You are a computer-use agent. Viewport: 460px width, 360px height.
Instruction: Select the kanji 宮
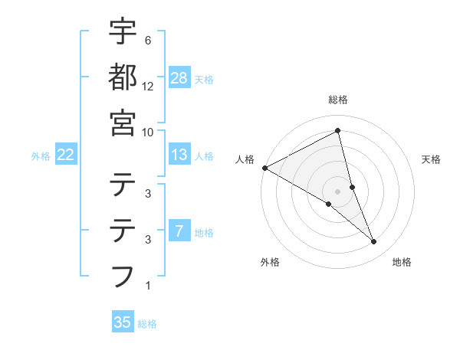[123, 122]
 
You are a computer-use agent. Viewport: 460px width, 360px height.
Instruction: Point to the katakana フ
[123, 275]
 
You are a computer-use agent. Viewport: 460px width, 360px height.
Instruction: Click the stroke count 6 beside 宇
[147, 40]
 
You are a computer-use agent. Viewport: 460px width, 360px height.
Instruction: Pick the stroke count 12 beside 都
[149, 86]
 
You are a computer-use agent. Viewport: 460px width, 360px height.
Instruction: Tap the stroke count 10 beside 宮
[149, 132]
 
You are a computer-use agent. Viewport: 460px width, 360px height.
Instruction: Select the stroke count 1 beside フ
[147, 286]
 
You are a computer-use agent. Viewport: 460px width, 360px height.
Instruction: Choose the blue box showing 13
[179, 155]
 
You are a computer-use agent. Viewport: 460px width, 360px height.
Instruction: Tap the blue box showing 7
[179, 231]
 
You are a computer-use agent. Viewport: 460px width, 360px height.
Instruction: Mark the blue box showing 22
[66, 155]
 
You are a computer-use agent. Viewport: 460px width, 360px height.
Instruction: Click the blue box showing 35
[123, 322]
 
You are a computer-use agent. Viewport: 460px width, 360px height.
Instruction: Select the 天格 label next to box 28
[204, 80]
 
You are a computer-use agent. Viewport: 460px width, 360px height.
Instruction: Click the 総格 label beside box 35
[147, 324]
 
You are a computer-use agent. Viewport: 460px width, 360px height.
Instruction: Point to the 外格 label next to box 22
[41, 156]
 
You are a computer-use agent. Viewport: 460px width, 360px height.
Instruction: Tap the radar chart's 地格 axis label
[402, 263]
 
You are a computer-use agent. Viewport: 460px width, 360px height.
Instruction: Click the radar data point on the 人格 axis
[264, 168]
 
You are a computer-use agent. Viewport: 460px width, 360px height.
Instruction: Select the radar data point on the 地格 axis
[374, 242]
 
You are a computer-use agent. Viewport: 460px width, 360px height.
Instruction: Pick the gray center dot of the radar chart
[338, 191]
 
